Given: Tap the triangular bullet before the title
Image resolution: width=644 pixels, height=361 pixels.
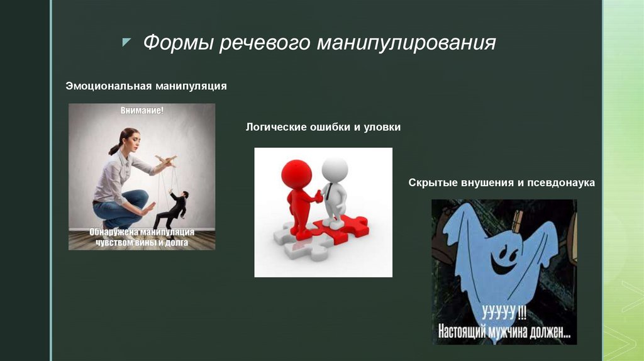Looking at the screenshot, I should (x=126, y=42).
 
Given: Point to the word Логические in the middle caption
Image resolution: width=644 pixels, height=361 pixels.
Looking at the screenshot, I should (x=275, y=127).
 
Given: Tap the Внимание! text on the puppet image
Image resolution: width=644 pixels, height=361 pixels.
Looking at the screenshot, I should (x=142, y=111).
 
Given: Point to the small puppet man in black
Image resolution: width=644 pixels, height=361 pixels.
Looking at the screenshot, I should (x=174, y=210).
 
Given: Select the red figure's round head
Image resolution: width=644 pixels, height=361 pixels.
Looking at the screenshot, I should (x=296, y=174).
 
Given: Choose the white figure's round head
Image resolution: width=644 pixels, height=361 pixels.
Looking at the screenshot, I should (x=335, y=170).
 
